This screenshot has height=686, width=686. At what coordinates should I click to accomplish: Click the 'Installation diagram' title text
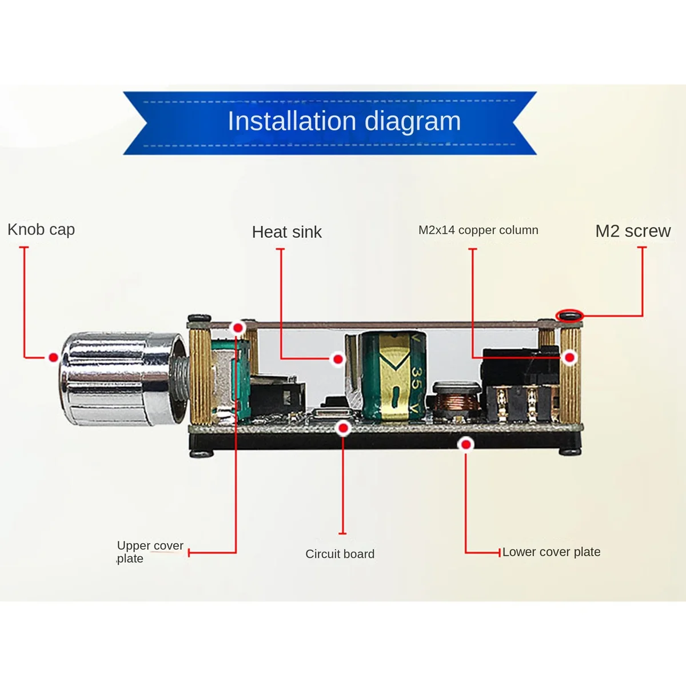344,121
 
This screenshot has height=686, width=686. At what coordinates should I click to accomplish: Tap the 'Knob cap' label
41,230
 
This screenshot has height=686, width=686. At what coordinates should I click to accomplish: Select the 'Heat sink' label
287,232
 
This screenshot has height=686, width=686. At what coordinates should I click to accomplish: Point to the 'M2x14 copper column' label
478,230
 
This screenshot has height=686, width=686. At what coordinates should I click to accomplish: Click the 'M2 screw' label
633,231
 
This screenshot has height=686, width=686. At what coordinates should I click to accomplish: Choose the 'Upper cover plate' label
150,552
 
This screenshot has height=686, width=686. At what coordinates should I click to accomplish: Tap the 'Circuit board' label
340,554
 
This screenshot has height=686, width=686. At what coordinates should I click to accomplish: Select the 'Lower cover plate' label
551,552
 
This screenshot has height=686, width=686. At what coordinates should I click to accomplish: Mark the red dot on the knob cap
53,357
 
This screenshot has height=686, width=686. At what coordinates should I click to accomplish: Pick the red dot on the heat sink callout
338,359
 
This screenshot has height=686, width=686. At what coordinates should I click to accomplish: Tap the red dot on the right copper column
569,358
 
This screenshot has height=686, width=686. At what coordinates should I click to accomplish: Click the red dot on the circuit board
343,428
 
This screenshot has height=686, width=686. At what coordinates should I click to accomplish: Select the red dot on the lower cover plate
466,444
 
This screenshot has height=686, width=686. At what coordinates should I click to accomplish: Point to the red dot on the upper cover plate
238,328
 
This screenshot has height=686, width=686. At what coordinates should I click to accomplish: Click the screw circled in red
570,315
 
